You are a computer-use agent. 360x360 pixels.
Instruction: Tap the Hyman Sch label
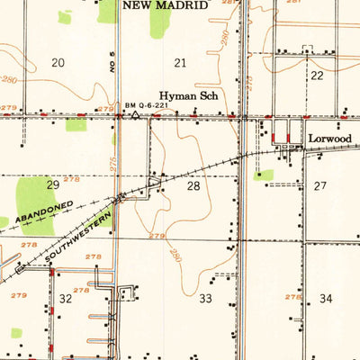tap(184, 95)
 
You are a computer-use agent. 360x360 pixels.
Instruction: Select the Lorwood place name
tap(328, 139)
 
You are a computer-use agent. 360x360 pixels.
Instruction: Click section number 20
tap(58, 62)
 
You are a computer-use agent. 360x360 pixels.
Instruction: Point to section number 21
tap(181, 62)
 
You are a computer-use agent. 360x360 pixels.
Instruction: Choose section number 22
tap(317, 76)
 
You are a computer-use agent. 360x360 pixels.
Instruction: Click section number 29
tap(53, 184)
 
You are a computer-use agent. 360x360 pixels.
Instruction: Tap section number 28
tap(193, 186)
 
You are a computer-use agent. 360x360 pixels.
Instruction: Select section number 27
tap(321, 184)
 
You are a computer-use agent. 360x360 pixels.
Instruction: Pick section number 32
tap(66, 298)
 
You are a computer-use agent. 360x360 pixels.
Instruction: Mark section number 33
tap(205, 298)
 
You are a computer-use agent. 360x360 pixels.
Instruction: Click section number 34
tap(325, 298)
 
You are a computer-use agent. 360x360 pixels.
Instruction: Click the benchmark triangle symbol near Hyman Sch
tap(134, 115)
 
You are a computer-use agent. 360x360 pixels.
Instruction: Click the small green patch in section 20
tap(65, 16)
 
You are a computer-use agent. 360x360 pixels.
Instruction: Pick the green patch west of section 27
tap(263, 175)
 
